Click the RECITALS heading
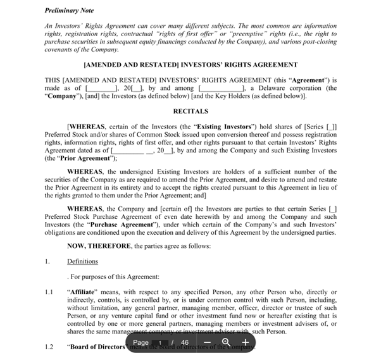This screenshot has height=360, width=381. (x=190, y=111)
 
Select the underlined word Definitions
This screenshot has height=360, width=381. (x=82, y=261)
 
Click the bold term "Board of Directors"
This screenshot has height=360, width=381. (x=96, y=346)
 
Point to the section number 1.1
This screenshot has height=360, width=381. (x=49, y=292)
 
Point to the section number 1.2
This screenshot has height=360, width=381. (x=49, y=346)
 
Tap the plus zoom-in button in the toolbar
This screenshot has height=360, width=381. (x=245, y=342)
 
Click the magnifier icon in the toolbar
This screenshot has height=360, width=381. (x=226, y=342)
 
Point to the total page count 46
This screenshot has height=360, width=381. (x=185, y=342)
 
